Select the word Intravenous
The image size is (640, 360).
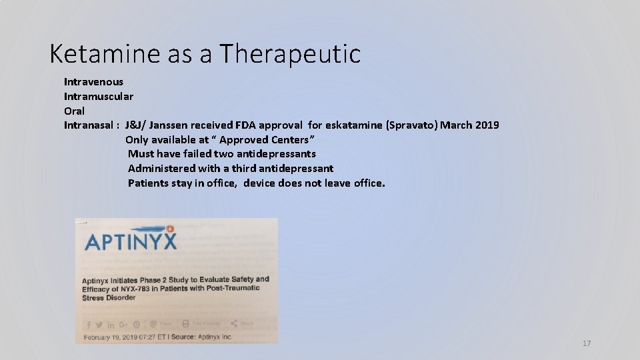coord(93,81)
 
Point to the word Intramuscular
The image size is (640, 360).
coord(99,96)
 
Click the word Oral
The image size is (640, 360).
coord(74,111)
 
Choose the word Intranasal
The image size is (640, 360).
coord(88,125)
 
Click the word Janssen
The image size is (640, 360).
coord(169,125)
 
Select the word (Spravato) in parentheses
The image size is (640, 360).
coord(416,125)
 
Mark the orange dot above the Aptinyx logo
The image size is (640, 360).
coord(170,228)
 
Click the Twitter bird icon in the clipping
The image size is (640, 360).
coord(99,325)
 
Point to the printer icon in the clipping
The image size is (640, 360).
coord(185,324)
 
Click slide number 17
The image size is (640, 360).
coord(587,343)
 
